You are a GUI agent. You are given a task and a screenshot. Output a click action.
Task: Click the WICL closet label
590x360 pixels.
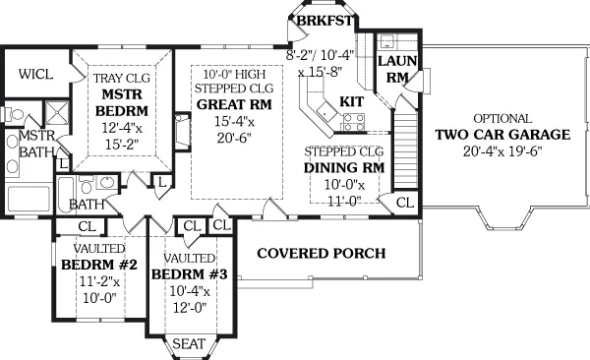click(35, 74)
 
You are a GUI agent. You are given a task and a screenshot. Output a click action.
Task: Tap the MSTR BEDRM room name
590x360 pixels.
click(122, 102)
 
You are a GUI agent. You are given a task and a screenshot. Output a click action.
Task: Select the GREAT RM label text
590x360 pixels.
click(234, 104)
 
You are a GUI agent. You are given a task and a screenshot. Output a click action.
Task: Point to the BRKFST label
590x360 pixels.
click(324, 21)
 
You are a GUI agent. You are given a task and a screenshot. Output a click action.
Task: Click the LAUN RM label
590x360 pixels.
click(397, 69)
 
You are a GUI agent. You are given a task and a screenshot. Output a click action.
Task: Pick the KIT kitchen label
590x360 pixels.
click(352, 101)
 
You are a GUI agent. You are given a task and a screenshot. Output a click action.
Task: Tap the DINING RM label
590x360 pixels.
click(344, 167)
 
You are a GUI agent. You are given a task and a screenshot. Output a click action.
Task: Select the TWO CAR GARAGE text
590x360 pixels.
click(502, 135)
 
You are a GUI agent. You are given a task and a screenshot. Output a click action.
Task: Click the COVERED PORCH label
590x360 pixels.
click(322, 253)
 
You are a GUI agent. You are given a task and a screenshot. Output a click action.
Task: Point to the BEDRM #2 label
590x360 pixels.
click(99, 265)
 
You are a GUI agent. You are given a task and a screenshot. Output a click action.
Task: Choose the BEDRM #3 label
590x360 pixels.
click(190, 274)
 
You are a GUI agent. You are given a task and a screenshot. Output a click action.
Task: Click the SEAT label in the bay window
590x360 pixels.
click(189, 343)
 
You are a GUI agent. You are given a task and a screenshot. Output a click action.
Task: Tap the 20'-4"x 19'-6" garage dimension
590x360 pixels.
click(502, 151)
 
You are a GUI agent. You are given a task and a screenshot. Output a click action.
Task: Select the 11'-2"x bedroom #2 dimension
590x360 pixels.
click(99, 281)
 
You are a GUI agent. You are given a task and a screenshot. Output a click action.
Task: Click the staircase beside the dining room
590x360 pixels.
click(405, 149)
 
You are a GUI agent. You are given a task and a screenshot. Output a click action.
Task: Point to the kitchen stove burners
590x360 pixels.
click(354, 122)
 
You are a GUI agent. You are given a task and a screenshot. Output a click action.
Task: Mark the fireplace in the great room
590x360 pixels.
click(183, 132)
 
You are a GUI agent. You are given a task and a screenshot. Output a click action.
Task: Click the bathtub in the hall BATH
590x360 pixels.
click(66, 196)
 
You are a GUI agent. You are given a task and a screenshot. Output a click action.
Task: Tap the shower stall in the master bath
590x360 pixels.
click(57, 112)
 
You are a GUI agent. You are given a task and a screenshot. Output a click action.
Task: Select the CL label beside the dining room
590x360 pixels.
click(405, 203)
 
